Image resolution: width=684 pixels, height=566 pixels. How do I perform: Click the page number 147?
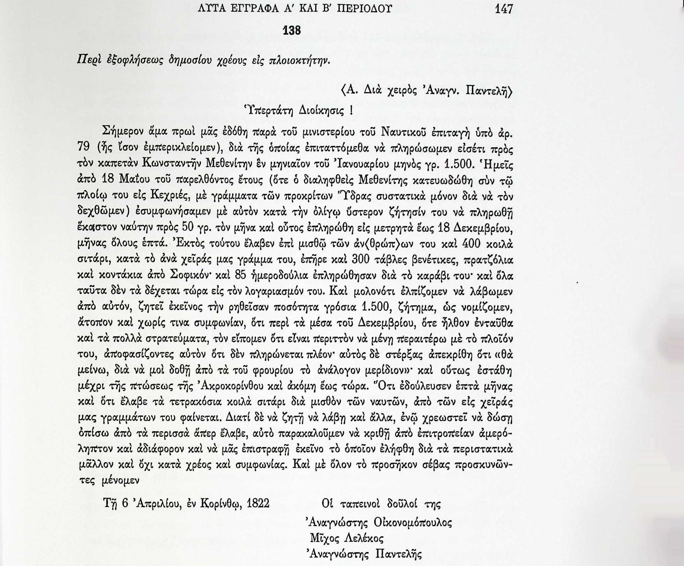pyautogui.click(x=504, y=9)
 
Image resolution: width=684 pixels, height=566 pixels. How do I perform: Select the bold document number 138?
pyautogui.click(x=291, y=31)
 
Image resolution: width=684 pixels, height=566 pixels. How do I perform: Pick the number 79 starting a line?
pyautogui.click(x=83, y=149)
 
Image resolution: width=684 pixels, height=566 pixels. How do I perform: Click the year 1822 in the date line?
pyautogui.click(x=258, y=504)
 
